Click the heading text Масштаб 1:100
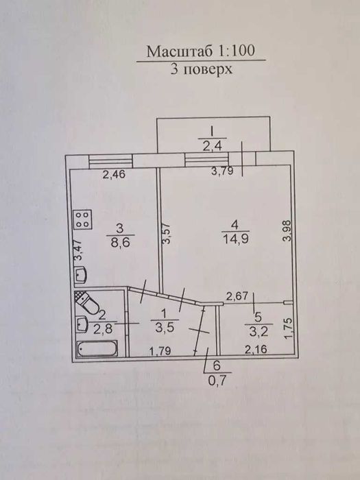[200, 51]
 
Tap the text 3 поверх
[201, 69]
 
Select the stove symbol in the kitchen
[83, 220]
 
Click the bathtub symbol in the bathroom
[97, 348]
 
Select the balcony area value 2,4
[212, 146]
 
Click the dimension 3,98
[287, 232]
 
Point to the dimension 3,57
[167, 233]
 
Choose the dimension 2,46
[114, 175]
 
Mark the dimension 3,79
[223, 171]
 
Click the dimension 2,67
[237, 296]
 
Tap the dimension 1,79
[160, 351]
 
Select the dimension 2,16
[256, 349]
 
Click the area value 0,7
[217, 381]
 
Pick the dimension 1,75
[289, 328]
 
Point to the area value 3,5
[165, 328]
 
